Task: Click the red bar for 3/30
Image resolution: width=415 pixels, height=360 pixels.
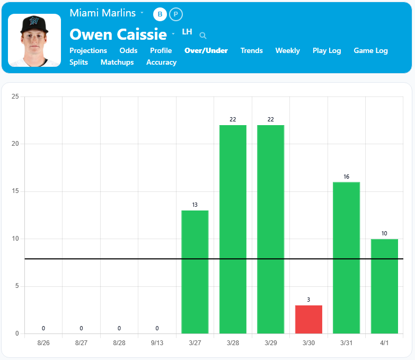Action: tap(308, 319)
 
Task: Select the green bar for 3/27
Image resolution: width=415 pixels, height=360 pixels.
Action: tap(195, 271)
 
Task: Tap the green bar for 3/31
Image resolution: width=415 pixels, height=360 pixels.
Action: tap(346, 258)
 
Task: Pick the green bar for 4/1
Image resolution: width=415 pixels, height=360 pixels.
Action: tap(384, 286)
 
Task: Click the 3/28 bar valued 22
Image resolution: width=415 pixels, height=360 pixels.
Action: tap(233, 229)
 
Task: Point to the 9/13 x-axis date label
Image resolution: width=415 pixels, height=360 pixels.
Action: tap(157, 343)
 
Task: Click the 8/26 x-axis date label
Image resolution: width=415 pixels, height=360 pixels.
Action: tap(43, 343)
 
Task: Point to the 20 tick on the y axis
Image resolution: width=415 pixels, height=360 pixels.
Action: tap(15, 144)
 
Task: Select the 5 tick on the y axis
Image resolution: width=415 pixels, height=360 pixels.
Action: tap(17, 286)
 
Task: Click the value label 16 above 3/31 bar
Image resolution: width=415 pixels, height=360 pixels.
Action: tap(346, 177)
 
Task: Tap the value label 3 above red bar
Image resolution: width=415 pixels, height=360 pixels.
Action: tap(308, 300)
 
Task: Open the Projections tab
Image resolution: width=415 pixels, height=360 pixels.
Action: tap(88, 51)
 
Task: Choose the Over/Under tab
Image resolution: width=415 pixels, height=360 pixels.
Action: tap(206, 51)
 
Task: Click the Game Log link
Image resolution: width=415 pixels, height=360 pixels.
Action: tap(371, 51)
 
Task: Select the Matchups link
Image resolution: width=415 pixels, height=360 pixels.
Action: tap(117, 63)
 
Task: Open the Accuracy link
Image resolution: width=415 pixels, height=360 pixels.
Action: tap(161, 63)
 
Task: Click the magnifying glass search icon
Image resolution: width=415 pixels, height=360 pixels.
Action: tap(203, 36)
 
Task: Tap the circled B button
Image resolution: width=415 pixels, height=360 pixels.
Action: tap(160, 14)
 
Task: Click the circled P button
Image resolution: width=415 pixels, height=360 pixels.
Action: tap(176, 14)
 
